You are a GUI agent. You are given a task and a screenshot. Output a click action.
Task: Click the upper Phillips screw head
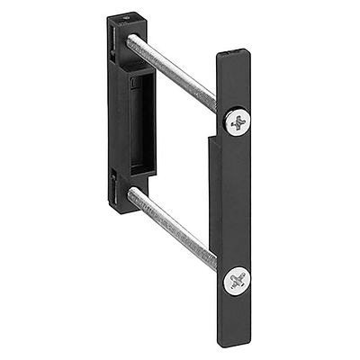coord(238,121)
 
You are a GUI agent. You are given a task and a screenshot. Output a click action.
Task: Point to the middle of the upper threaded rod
coord(173,71)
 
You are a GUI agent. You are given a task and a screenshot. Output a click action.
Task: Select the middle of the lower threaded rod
coord(173,229)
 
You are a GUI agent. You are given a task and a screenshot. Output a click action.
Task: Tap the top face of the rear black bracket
coord(126,19)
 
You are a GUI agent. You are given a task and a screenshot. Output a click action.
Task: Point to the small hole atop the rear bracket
coord(126,16)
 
